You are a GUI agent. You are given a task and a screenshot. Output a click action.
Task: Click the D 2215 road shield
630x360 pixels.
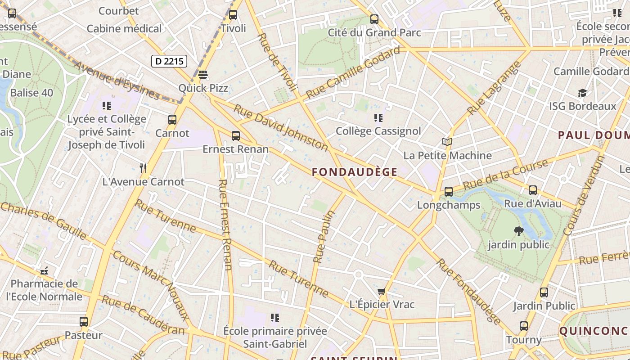tap(169, 61)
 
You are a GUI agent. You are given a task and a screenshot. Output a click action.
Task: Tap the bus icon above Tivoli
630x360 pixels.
tap(233, 15)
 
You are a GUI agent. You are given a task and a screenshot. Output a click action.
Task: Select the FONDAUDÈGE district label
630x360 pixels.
tap(355, 172)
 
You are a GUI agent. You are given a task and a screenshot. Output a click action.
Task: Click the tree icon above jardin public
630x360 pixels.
tap(519, 231)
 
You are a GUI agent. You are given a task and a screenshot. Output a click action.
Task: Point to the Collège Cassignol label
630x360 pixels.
tap(378, 131)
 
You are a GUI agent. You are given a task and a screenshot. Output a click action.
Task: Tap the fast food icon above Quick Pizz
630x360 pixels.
tap(203, 74)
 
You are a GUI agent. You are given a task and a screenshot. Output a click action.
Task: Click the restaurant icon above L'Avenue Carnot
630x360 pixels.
tap(143, 168)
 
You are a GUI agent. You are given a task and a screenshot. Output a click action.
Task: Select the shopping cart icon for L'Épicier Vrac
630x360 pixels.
tap(382, 292)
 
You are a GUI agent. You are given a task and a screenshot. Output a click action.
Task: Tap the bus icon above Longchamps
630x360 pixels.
tap(448, 192)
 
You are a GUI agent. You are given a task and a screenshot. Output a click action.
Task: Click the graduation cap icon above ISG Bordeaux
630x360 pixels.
tap(582, 93)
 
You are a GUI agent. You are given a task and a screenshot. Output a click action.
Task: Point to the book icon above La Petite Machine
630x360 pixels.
tap(447, 142)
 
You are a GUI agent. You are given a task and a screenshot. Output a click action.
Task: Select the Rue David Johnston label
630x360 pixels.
tap(281, 128)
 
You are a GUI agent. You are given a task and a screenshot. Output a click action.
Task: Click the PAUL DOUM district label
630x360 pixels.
tap(594, 135)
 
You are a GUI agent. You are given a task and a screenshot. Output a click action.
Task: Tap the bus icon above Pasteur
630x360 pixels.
tap(84, 322)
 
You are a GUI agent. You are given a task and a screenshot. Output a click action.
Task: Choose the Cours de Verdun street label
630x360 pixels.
tap(584, 195)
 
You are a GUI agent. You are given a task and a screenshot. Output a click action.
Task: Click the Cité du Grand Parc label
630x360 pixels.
tap(374, 32)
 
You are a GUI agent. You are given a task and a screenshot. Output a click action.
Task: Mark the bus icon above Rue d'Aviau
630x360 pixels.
tap(533, 190)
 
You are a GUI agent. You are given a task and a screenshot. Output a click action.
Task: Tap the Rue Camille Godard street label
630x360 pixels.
tap(353, 73)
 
